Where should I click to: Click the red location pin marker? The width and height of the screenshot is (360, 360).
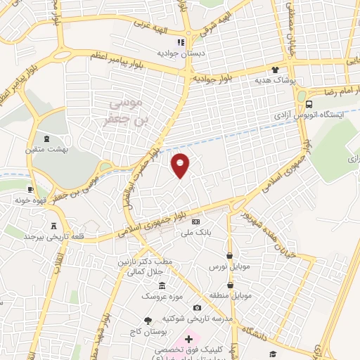tap(181, 165)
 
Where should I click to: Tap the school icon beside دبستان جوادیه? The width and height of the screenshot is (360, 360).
tap(181, 42)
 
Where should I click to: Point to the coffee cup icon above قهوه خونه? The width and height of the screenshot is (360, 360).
tap(30, 190)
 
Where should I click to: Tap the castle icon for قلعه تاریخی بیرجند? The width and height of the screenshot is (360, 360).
tap(53, 226)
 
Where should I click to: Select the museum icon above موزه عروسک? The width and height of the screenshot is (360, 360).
tap(162, 285)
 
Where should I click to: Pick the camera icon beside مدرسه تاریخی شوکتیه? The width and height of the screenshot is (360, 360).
tap(197, 307)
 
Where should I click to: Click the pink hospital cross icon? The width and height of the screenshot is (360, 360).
tap(188, 339)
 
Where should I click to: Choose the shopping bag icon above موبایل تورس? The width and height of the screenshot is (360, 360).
tap(230, 256)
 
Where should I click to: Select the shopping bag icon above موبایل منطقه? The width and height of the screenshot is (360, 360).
tap(230, 282)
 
